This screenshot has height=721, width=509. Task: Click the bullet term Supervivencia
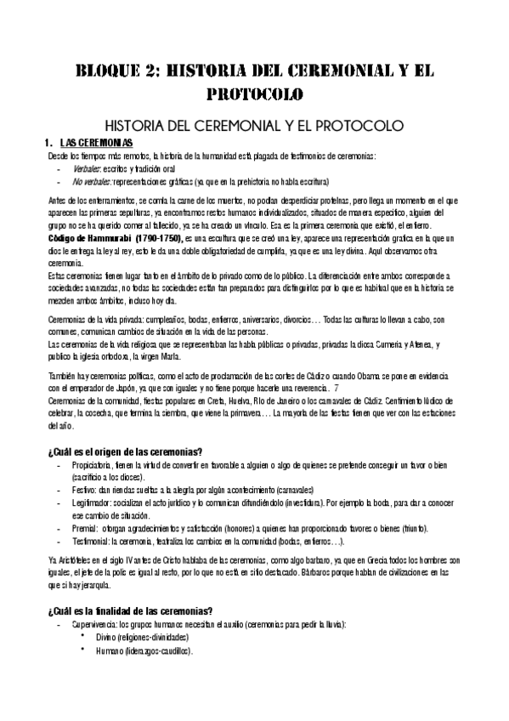(99, 625)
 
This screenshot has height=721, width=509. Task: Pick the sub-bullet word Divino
(110, 638)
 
